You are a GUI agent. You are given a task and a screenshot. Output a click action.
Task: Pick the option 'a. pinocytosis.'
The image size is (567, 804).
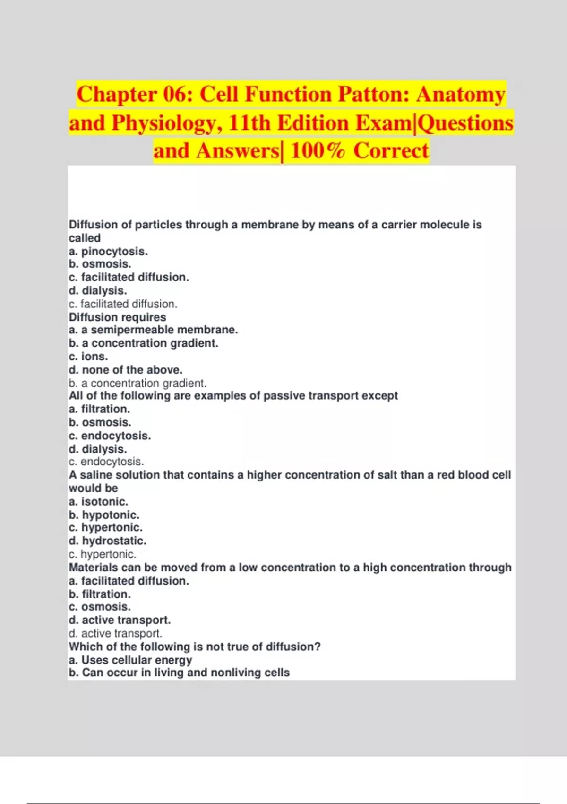pos(108,251)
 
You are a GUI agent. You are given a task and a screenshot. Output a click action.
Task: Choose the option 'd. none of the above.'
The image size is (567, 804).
pos(125,369)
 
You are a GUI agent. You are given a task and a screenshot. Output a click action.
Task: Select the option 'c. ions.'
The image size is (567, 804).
pos(88,356)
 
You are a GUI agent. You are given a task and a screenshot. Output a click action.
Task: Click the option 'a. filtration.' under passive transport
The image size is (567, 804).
pos(99,409)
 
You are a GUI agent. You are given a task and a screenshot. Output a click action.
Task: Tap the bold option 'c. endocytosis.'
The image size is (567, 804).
pos(110,436)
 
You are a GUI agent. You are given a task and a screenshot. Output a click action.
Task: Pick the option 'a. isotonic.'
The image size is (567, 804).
pos(98,501)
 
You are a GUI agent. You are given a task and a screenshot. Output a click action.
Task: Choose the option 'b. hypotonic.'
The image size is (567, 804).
pos(104,515)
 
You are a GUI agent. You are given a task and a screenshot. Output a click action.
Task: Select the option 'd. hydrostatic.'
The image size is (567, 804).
pos(107,541)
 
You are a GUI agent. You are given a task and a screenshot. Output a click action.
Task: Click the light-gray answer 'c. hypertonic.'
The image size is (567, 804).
pos(102,554)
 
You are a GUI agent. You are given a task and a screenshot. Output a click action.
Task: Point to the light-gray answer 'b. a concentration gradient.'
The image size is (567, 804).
pos(137,383)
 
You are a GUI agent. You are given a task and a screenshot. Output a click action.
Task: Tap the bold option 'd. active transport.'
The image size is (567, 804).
pos(120,620)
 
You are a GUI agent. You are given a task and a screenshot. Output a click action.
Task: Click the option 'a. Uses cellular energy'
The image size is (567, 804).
pos(130,660)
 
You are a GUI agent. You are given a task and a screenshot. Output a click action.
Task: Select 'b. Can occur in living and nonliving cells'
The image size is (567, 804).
pos(179,673)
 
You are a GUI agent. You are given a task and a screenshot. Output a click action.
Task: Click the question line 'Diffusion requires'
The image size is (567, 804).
pos(118,317)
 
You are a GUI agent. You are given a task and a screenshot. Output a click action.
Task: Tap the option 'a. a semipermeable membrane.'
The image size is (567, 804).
pos(153,330)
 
